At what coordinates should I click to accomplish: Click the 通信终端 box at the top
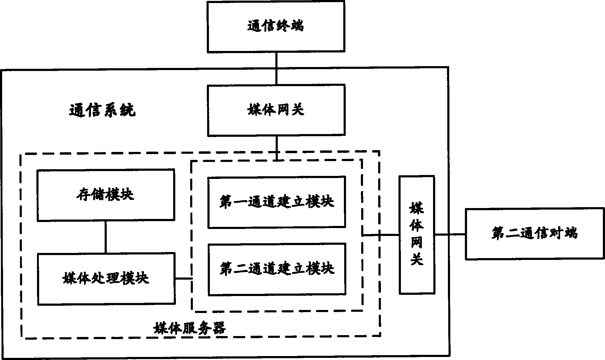tap(276, 27)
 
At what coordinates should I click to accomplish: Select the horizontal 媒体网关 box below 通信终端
tap(276, 110)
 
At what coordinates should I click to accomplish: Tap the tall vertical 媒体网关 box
tap(417, 235)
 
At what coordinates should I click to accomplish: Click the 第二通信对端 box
tap(535, 233)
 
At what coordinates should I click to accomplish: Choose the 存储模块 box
tap(106, 195)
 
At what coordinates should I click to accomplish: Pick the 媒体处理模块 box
tap(106, 278)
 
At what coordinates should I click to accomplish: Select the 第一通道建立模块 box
tap(276, 202)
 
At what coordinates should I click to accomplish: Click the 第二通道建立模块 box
tap(277, 269)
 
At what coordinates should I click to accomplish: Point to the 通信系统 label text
tap(103, 111)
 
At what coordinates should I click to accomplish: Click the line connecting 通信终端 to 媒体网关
tap(276, 69)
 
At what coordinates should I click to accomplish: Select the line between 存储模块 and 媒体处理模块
tap(106, 237)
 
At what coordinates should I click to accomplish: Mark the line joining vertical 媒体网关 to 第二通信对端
tap(450, 234)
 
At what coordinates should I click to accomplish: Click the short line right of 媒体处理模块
tap(183, 278)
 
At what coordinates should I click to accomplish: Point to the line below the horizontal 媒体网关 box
tap(276, 147)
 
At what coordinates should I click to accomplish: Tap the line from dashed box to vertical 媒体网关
tap(381, 235)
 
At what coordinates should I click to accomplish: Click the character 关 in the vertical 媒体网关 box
tap(417, 259)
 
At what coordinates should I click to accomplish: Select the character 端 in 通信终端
tap(297, 26)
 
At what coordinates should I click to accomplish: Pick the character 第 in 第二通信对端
tap(498, 234)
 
